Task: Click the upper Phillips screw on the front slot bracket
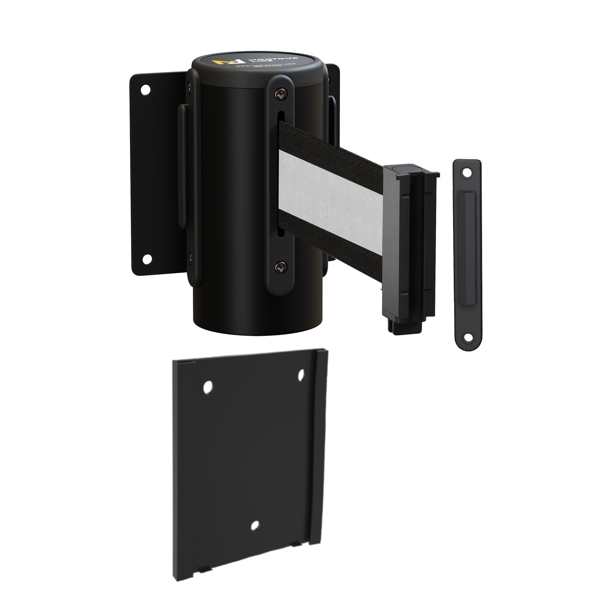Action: (x=280, y=94)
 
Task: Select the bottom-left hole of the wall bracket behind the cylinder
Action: (x=146, y=259)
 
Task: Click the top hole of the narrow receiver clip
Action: (x=466, y=173)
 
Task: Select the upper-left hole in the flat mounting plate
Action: (x=208, y=387)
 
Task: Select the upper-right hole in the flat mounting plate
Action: (x=301, y=375)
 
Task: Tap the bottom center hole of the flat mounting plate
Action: (x=254, y=526)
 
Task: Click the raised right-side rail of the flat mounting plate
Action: (x=318, y=443)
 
